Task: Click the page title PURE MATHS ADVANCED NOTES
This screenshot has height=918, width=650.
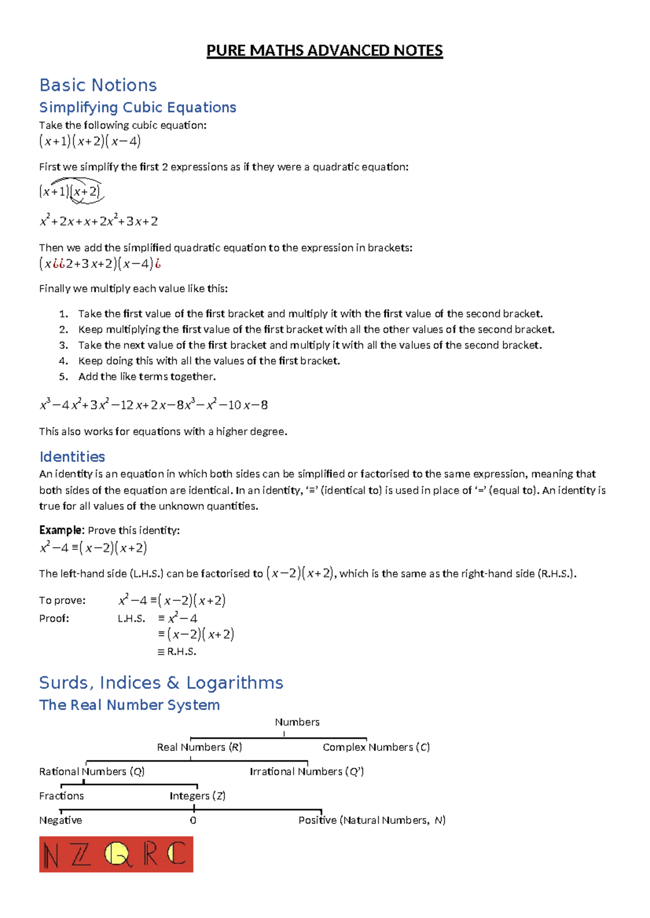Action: pos(324,51)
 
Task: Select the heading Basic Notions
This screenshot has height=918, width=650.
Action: pos(98,85)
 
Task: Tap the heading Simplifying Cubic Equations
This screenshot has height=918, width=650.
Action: pos(138,107)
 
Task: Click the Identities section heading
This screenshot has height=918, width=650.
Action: pos(72,456)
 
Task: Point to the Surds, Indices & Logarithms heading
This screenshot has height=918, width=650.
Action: pos(161,683)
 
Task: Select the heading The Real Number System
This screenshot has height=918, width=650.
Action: pos(129,705)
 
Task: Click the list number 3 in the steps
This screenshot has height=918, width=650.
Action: pos(63,345)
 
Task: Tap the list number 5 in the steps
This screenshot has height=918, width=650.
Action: pos(63,377)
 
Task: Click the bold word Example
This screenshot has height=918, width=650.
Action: pos(61,530)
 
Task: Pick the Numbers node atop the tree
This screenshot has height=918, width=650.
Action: pos(297,722)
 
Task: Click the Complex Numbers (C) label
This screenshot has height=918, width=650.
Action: pos(376,747)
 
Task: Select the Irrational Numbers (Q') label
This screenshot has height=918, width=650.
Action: pos(307,771)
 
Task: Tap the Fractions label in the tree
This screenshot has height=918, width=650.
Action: pos(61,796)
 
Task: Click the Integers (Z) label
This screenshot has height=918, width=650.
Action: pos(197,796)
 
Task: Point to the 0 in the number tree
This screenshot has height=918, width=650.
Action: pos(193,821)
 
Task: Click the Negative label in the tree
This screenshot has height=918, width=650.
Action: pos(60,821)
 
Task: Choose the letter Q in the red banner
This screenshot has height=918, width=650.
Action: pos(118,855)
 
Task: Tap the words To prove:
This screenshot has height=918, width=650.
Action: pos(62,600)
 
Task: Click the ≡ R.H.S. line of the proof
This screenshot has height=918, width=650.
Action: pos(177,652)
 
